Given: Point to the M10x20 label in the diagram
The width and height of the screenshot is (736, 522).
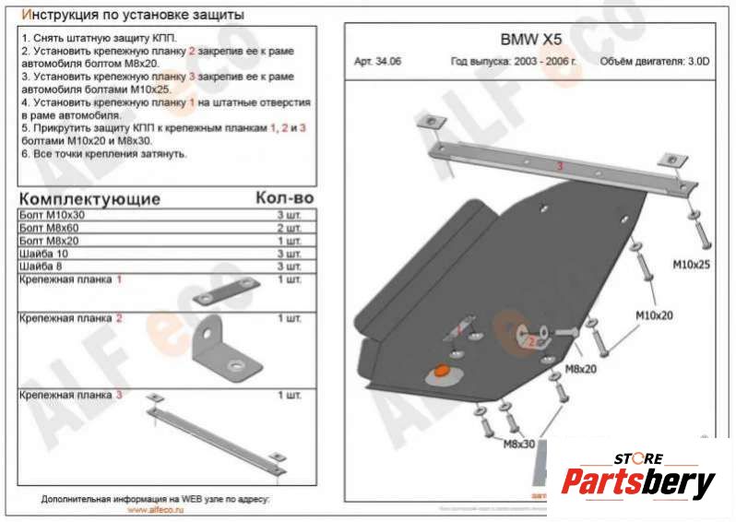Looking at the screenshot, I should point(655,314).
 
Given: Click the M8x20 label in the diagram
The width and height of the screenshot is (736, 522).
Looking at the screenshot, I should point(579,369).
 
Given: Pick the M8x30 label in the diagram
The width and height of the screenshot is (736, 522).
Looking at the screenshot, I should point(518,444).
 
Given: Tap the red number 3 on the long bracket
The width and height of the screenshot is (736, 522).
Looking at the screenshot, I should point(559,166).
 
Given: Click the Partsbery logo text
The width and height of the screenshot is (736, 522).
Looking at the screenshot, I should point(638,482).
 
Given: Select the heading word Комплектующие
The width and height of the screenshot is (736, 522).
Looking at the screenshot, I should point(89,199).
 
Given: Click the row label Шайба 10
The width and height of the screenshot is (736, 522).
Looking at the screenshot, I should point(42,254).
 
